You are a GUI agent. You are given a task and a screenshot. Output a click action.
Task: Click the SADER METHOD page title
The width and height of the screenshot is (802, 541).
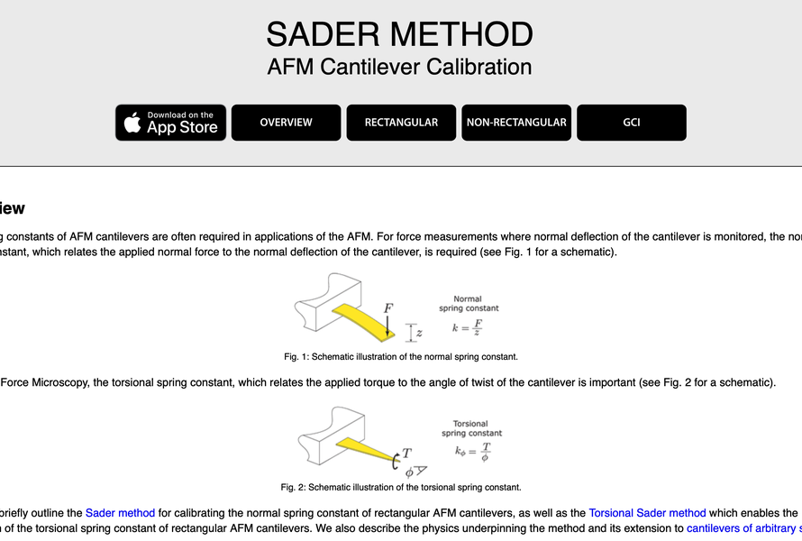[399, 34]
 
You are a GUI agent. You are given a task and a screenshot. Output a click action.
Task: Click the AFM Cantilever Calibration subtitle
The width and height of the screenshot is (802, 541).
[399, 67]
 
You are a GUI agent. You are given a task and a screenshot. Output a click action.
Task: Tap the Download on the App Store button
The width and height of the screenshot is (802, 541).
[170, 123]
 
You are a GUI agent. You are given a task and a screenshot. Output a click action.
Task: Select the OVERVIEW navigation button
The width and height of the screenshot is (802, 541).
[286, 123]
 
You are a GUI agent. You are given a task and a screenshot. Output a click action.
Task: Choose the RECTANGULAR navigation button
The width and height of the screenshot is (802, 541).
[401, 123]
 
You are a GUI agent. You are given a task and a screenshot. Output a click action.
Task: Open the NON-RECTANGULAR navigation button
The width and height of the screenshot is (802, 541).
[516, 123]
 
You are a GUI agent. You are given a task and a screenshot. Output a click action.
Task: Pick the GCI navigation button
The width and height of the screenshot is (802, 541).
[631, 123]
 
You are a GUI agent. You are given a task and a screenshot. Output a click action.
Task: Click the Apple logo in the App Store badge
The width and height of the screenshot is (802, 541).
[132, 123]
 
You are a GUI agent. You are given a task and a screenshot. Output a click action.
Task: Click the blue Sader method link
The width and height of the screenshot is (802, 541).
[120, 513]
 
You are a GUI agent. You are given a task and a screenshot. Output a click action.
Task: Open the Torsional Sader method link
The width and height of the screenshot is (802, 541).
[647, 513]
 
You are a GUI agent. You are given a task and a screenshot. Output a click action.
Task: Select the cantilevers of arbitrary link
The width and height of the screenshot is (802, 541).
[743, 528]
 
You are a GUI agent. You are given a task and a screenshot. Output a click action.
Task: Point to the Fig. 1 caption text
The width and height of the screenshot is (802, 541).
[401, 356]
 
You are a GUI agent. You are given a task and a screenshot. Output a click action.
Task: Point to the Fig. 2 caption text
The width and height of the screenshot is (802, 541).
[401, 488]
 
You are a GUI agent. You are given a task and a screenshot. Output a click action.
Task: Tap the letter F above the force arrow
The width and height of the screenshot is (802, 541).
[388, 308]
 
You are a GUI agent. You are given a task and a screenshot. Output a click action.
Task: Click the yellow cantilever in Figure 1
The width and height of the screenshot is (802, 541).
[365, 317]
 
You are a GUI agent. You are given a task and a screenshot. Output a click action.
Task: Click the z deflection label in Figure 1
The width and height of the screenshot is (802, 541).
[419, 333]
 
